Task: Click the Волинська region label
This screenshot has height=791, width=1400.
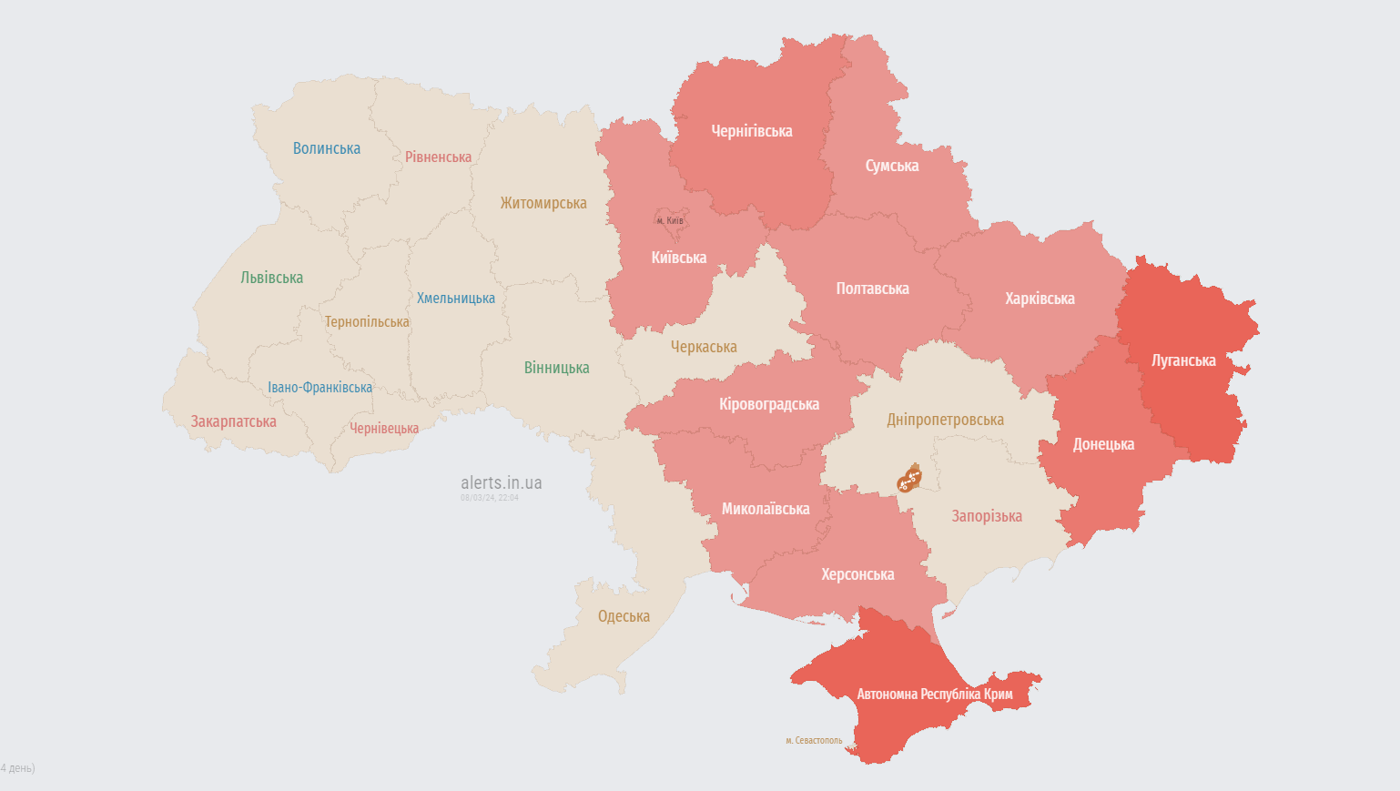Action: (x=326, y=148)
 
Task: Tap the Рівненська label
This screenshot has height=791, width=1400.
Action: (x=438, y=157)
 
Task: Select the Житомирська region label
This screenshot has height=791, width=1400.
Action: (x=543, y=203)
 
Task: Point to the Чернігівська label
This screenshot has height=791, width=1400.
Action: (x=751, y=131)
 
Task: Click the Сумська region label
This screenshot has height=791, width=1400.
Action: (x=891, y=166)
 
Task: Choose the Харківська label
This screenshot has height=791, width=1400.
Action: (x=1040, y=299)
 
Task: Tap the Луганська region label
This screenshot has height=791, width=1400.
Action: (x=1182, y=360)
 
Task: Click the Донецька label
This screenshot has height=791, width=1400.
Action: (x=1103, y=444)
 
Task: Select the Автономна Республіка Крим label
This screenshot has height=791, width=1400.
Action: (x=934, y=694)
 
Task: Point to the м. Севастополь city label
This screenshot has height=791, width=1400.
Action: (x=814, y=741)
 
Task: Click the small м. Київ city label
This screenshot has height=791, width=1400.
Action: (x=669, y=220)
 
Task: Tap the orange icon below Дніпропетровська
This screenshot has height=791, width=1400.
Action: (x=908, y=478)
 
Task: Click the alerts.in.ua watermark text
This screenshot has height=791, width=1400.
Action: (x=501, y=482)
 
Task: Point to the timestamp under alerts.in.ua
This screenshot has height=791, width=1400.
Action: (x=489, y=498)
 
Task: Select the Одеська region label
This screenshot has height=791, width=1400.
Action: (x=624, y=616)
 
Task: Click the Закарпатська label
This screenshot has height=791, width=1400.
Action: (x=233, y=421)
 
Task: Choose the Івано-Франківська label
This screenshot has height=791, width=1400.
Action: (x=320, y=388)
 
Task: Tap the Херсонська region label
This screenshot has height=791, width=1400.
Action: (x=857, y=574)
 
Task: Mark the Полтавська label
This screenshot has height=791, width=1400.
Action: (x=872, y=289)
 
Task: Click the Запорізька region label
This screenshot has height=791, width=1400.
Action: (x=986, y=516)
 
